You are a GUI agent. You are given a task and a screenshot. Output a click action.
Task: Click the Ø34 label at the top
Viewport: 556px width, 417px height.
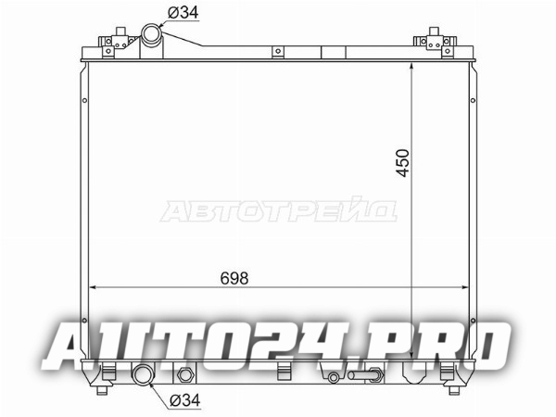[x=183, y=13]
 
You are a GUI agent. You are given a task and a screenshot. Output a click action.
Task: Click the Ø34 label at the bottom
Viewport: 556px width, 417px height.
[x=185, y=400]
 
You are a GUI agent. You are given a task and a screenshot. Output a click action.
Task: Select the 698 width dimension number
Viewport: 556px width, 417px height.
[x=234, y=278]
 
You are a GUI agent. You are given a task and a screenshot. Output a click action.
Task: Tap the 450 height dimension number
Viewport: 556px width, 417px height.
[x=403, y=163]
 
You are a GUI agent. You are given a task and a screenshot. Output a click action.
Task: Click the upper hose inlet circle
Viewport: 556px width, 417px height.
[x=151, y=34]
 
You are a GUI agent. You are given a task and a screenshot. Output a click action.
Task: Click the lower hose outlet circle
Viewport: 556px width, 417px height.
[x=143, y=373]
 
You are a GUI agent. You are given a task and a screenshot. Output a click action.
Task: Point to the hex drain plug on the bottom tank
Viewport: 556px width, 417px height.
[x=184, y=374]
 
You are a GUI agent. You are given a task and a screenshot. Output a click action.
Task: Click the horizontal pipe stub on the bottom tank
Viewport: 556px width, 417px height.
[x=365, y=374]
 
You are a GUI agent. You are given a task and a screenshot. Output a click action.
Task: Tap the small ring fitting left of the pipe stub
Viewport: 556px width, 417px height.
[x=333, y=377]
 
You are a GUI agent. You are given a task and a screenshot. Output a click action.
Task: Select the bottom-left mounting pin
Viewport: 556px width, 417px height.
[x=102, y=390]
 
